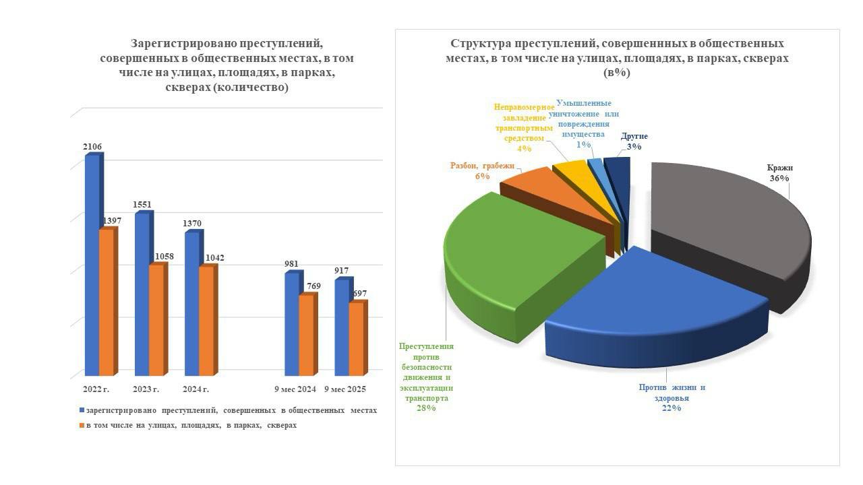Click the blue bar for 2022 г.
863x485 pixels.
pyautogui.click(x=92, y=266)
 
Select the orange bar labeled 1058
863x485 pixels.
pyautogui.click(x=156, y=320)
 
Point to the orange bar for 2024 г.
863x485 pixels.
pyautogui.click(x=206, y=321)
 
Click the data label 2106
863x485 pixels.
pyautogui.click(x=93, y=146)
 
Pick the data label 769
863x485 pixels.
pyautogui.click(x=314, y=286)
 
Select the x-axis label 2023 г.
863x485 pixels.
pyautogui.click(x=146, y=389)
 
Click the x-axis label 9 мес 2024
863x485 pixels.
pyautogui.click(x=295, y=389)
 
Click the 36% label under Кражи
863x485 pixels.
pyautogui.click(x=779, y=179)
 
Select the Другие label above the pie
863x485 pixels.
pyautogui.click(x=634, y=136)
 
